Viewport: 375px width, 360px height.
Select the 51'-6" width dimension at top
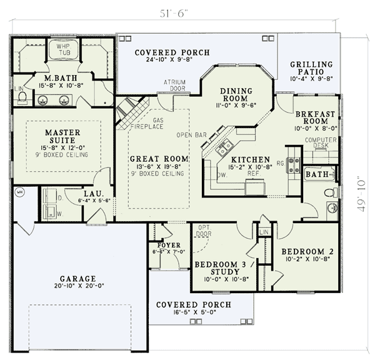(172, 12)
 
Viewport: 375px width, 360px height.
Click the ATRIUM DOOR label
(175, 85)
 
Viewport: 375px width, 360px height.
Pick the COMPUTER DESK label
(321, 143)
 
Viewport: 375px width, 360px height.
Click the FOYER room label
(169, 245)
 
